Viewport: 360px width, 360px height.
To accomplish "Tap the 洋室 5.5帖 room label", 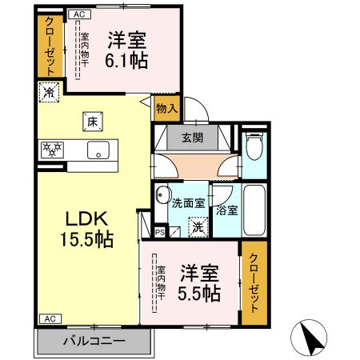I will pyautogui.click(x=200, y=282).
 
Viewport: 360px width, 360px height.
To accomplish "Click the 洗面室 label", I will pyautogui.click(x=188, y=202).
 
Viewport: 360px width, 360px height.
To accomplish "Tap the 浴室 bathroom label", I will pyautogui.click(x=226, y=210).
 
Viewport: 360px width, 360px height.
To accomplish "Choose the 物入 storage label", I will pyautogui.click(x=166, y=108).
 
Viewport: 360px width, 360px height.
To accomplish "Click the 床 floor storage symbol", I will pyautogui.click(x=90, y=122).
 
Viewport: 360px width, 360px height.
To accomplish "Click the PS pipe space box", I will pyautogui.click(x=159, y=233).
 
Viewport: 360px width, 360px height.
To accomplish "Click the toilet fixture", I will pyautogui.click(x=255, y=146).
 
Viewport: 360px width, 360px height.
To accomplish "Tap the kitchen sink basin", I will pyautogui.click(x=102, y=150).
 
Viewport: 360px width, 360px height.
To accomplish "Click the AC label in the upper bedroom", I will pyautogui.click(x=78, y=14).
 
